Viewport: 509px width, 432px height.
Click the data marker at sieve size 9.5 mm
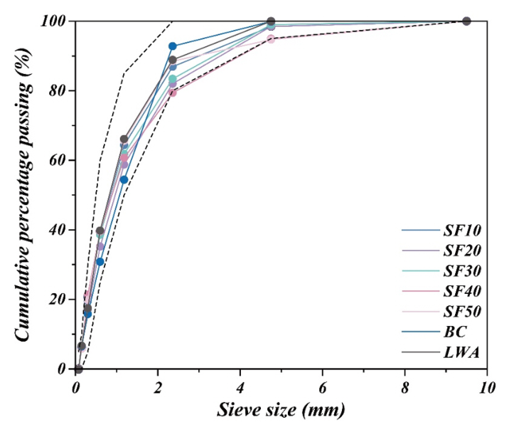pos(466,21)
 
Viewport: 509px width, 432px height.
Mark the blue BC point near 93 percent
pos(172,46)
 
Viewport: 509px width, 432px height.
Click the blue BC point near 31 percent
pos(100,262)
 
